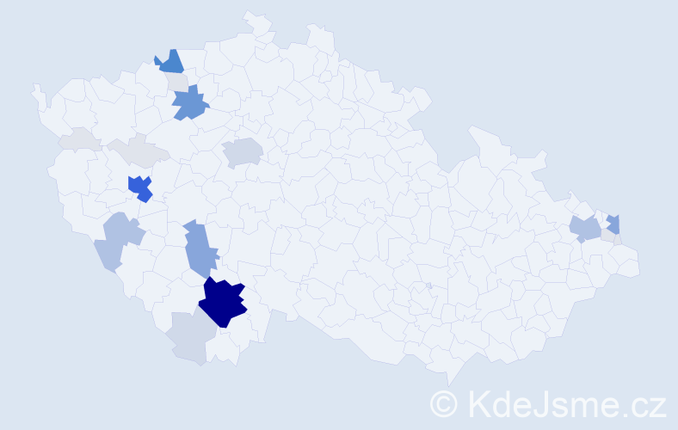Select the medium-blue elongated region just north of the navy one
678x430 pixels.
click(x=200, y=247)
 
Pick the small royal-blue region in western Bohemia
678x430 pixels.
click(x=139, y=187)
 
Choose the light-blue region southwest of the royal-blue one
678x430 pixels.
click(x=120, y=239)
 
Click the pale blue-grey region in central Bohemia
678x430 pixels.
click(x=243, y=152)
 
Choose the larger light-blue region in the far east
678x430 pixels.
click(x=586, y=229)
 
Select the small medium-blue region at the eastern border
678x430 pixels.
click(x=613, y=224)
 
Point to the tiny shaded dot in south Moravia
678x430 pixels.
click(x=428, y=286)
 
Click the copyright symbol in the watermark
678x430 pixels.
click(x=444, y=403)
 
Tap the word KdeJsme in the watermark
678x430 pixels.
click(x=534, y=403)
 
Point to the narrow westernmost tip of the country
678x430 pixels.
click(x=35, y=89)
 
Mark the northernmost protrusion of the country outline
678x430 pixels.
click(x=251, y=15)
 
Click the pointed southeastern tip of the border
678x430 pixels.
click(x=449, y=383)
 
